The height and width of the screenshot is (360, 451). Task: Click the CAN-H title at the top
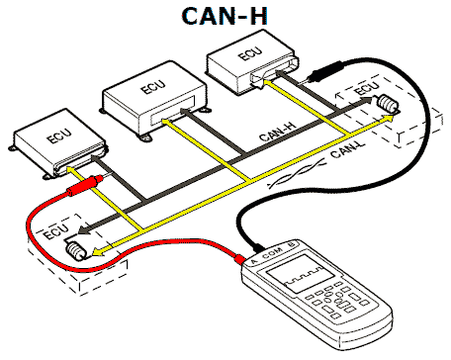coord(225,16)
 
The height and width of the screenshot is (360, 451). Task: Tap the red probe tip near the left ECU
coord(99,179)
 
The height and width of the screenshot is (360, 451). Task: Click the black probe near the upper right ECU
coord(324,71)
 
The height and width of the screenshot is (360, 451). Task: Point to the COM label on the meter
coord(273,252)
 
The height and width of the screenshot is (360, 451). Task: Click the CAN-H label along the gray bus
coord(278,132)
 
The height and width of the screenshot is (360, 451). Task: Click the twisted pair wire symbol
coord(297,172)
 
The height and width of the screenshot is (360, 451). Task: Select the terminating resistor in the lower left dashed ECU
coord(76,251)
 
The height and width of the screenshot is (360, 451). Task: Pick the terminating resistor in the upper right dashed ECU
coord(388,104)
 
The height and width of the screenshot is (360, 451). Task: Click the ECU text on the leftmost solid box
coord(59,135)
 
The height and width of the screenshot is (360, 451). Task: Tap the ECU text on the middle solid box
coord(153,87)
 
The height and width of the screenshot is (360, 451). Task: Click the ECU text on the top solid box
coord(250,53)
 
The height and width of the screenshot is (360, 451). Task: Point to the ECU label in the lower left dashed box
coord(56,231)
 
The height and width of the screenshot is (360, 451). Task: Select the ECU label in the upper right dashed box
coord(366,88)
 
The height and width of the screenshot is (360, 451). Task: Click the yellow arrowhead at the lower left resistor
coord(97,252)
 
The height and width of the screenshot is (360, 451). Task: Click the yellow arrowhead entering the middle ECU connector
coord(166,123)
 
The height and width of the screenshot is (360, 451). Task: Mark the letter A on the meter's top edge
coord(253,262)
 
